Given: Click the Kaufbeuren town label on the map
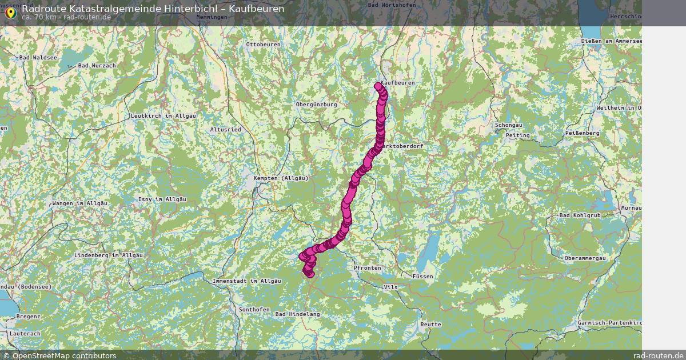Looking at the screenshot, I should coord(398,83).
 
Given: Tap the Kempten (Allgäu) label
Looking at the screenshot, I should coord(281,178).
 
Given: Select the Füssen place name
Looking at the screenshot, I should coord(422,277).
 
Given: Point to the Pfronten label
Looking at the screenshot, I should coord(367,267).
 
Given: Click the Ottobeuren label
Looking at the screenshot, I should coord(263,44).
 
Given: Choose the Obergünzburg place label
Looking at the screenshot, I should coord(316,105).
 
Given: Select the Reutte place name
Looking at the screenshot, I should coord(430,325).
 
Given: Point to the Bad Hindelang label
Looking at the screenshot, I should coord(298,314).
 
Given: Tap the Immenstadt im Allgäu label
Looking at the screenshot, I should coord(246,281).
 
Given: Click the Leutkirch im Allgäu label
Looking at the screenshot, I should coord(163,115).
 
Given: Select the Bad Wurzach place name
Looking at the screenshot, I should coord(97,66).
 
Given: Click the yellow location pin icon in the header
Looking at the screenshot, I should coord(10,13).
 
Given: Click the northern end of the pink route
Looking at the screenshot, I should coord(378,86).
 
